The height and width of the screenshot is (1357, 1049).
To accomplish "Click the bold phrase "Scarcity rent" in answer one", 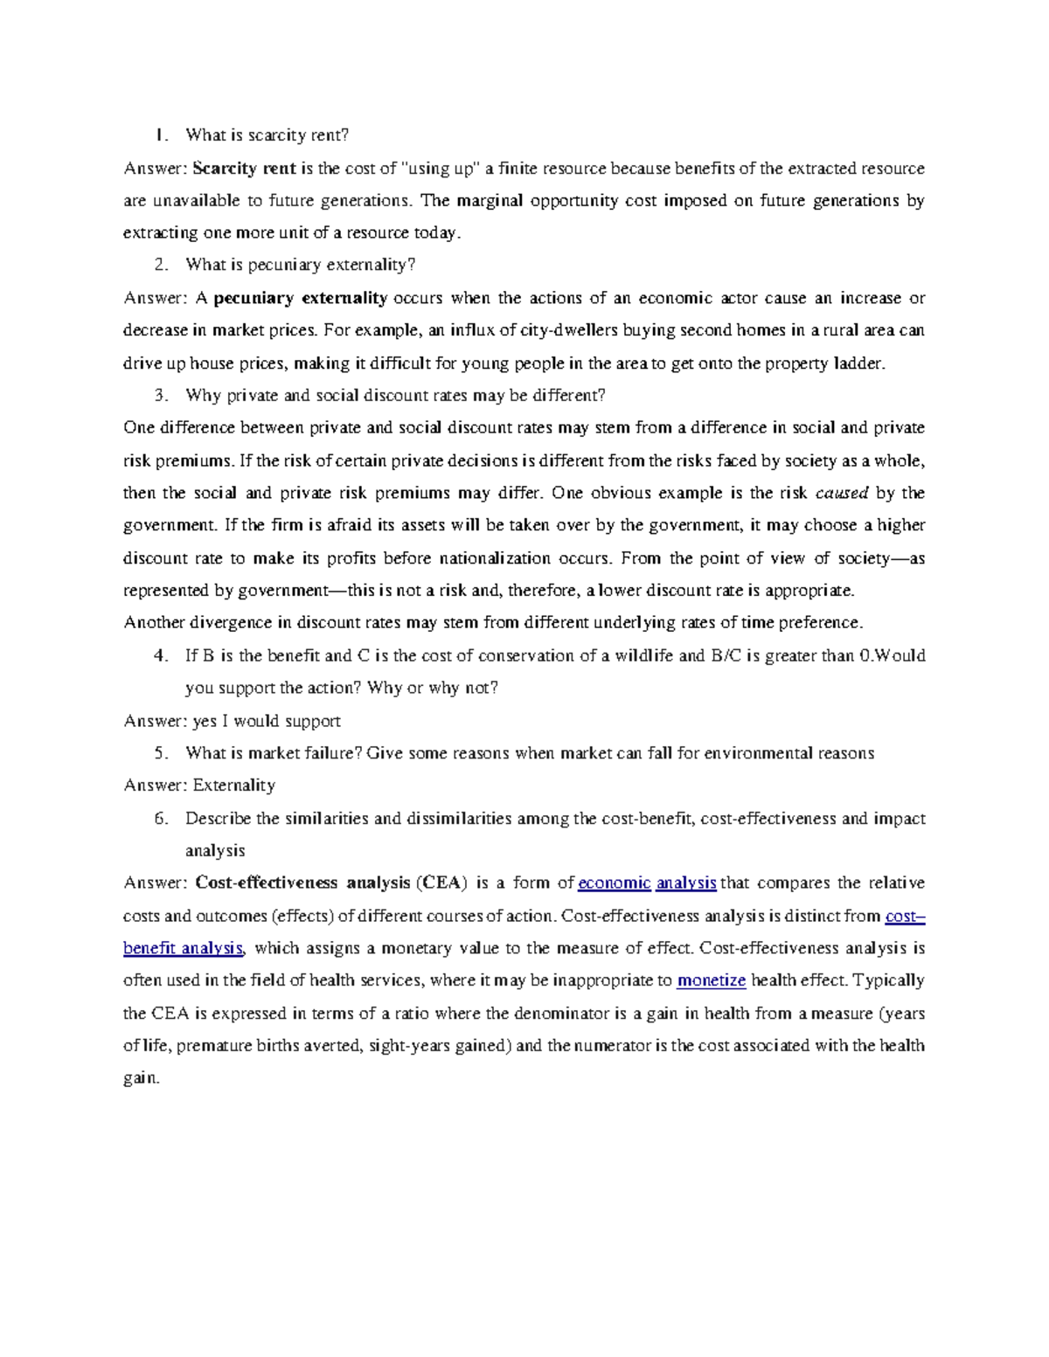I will pyautogui.click(x=244, y=168).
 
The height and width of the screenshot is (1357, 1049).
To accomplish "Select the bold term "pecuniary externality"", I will pyautogui.click(x=300, y=298).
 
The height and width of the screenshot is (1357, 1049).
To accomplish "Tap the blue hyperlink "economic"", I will pyautogui.click(x=615, y=883).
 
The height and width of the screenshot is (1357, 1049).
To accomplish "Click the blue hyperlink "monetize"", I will pyautogui.click(x=712, y=980).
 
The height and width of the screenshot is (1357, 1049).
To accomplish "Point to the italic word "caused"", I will pyautogui.click(x=841, y=493).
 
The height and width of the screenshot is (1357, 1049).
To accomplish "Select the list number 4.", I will pyautogui.click(x=160, y=655).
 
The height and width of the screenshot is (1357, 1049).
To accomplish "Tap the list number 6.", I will pyautogui.click(x=160, y=819).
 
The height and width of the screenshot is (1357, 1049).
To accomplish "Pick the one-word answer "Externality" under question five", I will pyautogui.click(x=233, y=786).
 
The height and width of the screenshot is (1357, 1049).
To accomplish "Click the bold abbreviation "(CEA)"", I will pyautogui.click(x=441, y=883).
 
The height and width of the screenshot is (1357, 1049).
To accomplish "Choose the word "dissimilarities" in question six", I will pyautogui.click(x=455, y=819).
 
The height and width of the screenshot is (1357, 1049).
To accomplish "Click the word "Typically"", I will pyautogui.click(x=888, y=980).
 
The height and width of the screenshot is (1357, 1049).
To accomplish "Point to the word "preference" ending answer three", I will pyautogui.click(x=822, y=623).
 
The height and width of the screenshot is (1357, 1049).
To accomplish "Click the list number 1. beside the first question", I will pyautogui.click(x=160, y=135).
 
